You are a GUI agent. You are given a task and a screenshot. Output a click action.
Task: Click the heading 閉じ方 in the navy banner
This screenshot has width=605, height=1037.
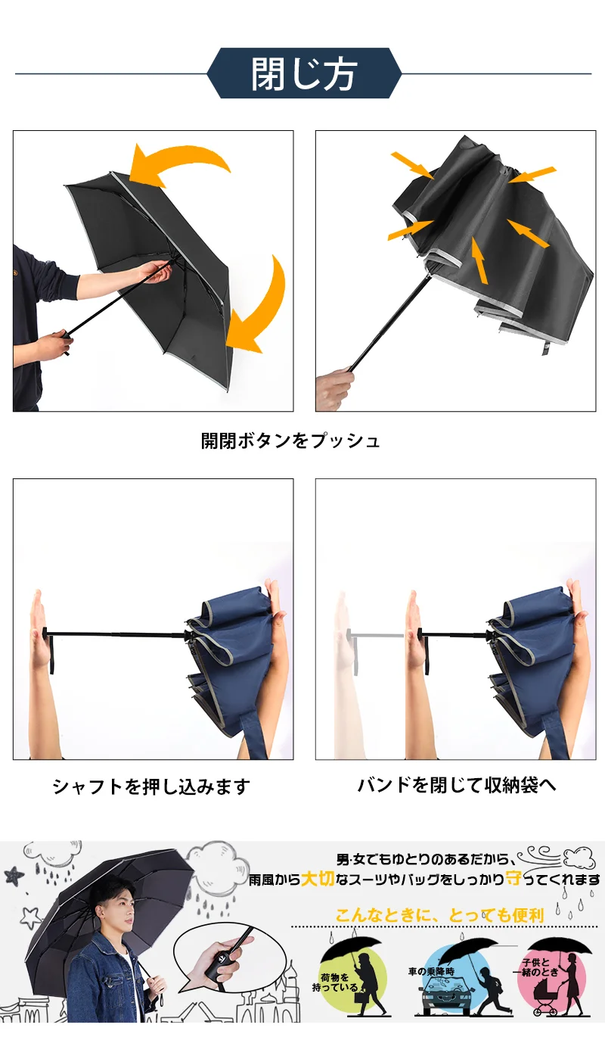click(x=304, y=73)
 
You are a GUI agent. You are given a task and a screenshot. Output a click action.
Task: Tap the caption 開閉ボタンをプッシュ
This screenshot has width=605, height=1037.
click(x=290, y=441)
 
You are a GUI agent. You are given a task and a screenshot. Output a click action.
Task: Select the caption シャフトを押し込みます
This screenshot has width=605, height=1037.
click(x=151, y=786)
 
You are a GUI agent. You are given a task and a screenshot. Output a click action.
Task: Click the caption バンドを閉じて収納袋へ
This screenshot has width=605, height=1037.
click(x=457, y=785)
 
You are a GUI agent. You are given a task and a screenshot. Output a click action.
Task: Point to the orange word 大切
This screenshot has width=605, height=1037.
click(x=318, y=878)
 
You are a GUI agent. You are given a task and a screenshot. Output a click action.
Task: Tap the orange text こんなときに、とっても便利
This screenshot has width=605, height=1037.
click(x=439, y=915)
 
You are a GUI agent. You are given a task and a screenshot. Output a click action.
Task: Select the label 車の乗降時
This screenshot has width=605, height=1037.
click(x=431, y=971)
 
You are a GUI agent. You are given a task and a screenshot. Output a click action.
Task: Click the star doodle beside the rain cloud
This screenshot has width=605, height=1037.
click(x=14, y=875)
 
